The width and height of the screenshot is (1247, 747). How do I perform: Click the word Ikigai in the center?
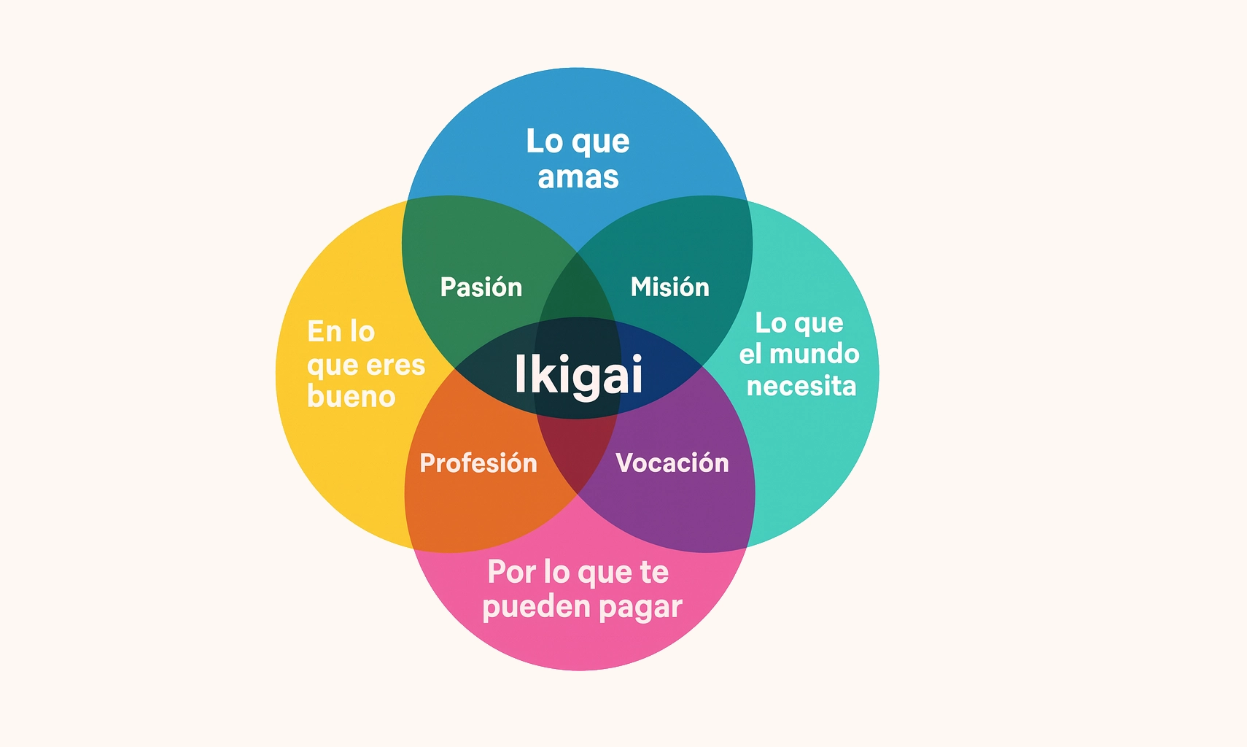(x=578, y=374)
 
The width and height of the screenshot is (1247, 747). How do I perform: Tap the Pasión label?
(x=481, y=287)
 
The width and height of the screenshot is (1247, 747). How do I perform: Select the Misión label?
(x=669, y=287)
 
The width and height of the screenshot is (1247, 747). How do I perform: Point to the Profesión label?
(x=478, y=462)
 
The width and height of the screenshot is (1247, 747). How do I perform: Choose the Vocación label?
(x=672, y=462)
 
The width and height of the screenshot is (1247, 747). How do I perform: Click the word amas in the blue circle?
(x=578, y=177)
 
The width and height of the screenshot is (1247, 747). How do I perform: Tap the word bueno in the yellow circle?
(x=351, y=396)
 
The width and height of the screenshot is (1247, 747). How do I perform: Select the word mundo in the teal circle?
(x=815, y=354)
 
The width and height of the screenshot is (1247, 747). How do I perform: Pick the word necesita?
(x=801, y=386)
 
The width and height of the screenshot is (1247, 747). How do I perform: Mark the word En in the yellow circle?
(x=325, y=331)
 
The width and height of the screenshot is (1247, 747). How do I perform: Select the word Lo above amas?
(x=544, y=141)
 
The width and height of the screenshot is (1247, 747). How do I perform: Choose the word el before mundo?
(x=751, y=354)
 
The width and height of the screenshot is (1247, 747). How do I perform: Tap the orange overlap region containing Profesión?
(x=481, y=503)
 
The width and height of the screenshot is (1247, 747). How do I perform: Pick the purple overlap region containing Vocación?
(x=678, y=503)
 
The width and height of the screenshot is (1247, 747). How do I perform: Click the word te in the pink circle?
(x=654, y=572)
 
